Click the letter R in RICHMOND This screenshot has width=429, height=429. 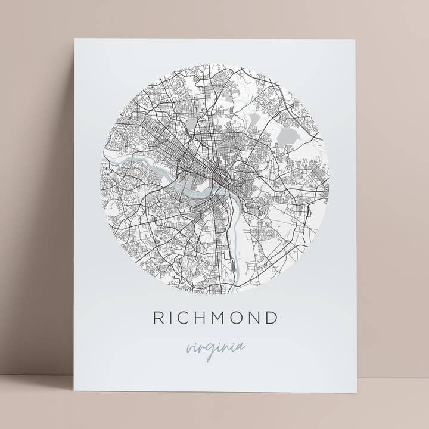158,318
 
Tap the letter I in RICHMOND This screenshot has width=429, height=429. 172,318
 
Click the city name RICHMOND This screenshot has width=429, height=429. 215,318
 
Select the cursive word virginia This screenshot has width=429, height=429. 215,348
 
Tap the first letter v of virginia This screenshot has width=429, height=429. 189,348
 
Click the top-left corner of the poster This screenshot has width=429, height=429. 74,39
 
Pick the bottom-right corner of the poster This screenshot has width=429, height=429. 357,393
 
